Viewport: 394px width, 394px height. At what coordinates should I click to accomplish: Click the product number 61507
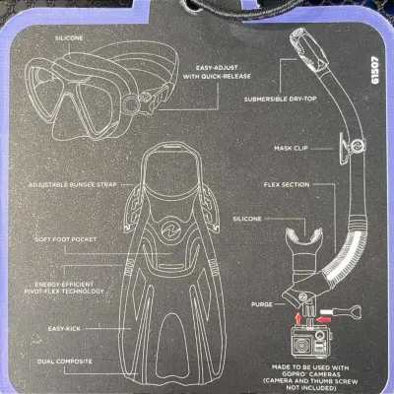click(x=375, y=71)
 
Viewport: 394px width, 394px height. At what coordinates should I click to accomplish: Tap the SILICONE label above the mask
click(x=69, y=38)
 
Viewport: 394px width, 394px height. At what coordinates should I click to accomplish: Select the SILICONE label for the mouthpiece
click(x=247, y=219)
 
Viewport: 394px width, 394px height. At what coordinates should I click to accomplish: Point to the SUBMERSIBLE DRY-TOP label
click(x=280, y=98)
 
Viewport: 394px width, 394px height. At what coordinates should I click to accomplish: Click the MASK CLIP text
click(x=291, y=148)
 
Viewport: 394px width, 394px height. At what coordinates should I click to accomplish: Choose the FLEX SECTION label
click(x=287, y=185)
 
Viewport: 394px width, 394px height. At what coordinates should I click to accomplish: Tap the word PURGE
click(x=262, y=304)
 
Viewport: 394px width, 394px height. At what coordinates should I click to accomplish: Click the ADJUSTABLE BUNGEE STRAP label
click(x=73, y=185)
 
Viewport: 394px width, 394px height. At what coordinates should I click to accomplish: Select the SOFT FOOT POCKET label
click(x=66, y=239)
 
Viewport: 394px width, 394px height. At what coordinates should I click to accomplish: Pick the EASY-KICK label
click(x=64, y=329)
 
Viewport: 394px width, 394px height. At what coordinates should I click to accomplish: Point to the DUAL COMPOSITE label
click(x=65, y=361)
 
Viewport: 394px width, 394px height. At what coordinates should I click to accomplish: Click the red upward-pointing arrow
click(x=298, y=318)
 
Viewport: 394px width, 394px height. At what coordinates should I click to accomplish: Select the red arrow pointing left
click(x=323, y=319)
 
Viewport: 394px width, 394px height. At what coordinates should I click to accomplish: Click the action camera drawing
click(x=311, y=343)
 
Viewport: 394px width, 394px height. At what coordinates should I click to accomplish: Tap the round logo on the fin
click(x=170, y=228)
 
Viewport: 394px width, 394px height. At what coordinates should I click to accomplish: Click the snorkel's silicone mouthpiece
click(x=303, y=248)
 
